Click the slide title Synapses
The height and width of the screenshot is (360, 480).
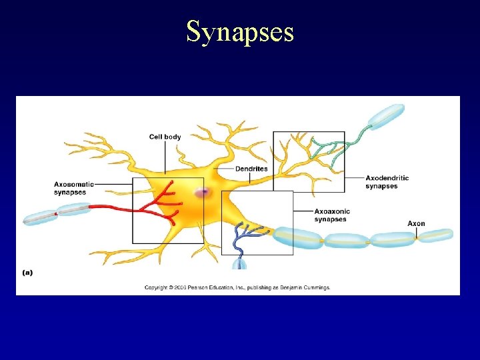[x=239, y=31]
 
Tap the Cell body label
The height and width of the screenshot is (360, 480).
[x=165, y=137]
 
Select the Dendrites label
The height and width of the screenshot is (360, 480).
[x=251, y=169]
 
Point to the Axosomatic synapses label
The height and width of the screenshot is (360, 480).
[x=73, y=188]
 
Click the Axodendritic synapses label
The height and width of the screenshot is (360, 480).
[x=387, y=182]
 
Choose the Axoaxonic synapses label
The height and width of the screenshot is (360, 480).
[x=331, y=215]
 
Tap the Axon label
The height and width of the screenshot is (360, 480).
[x=416, y=223]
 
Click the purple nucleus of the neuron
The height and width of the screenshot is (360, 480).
[x=202, y=193]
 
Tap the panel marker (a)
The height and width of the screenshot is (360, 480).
[x=27, y=272]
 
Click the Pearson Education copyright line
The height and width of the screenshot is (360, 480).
[x=238, y=288]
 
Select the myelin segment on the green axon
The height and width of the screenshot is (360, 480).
[x=387, y=116]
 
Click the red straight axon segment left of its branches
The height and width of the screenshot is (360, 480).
[x=113, y=207]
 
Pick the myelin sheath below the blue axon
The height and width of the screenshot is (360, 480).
[x=239, y=264]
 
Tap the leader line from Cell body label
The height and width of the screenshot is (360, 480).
[x=165, y=157]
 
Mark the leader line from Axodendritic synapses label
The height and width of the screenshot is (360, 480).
[x=354, y=178]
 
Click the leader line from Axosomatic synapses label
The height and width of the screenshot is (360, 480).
[x=113, y=184]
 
